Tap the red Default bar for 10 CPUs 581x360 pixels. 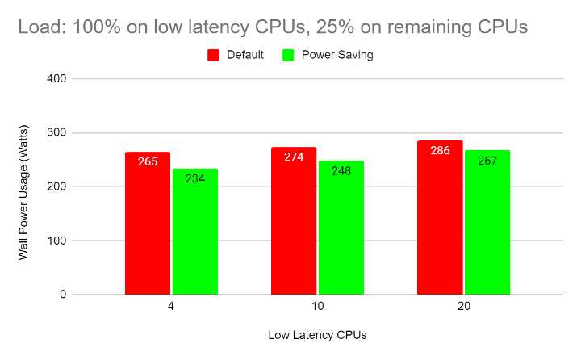tap(294, 221)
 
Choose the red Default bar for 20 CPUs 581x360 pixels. tap(440, 218)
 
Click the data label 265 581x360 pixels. tap(148, 161)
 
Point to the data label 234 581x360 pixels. tap(194, 178)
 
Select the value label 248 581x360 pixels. tap(341, 171)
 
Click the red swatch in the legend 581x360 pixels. tap(214, 55)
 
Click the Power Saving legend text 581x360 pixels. tap(337, 55)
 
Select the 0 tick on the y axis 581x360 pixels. tap(62, 295)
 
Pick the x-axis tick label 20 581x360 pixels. tap(463, 308)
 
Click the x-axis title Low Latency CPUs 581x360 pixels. tap(317, 334)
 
